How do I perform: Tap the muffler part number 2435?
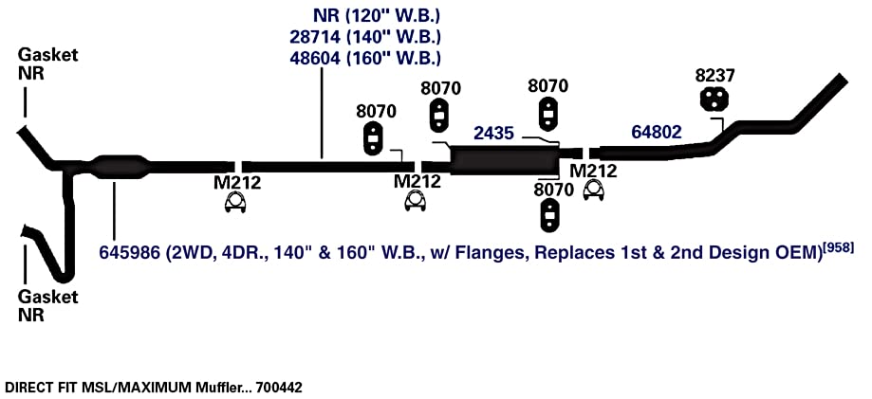pos(493,134)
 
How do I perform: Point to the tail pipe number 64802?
pos(657,132)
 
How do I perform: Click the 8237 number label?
pos(714,76)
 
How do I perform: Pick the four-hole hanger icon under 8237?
pos(714,99)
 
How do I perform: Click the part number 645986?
pos(132,252)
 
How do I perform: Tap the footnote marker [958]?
pos(838,246)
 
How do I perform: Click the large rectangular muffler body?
pos(505,160)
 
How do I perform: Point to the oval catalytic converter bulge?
pos(121,166)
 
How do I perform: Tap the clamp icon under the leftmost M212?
pos(236,203)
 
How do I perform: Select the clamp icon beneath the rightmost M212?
pos(594,190)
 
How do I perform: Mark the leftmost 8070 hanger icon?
pos(373,137)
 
